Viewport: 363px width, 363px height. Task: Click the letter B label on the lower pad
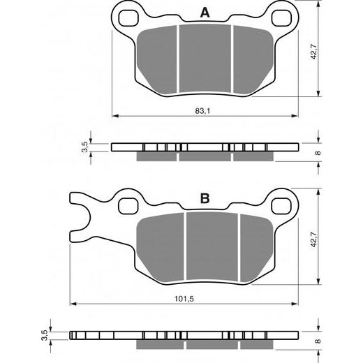tap(205, 199)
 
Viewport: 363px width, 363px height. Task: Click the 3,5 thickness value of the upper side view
tap(85, 146)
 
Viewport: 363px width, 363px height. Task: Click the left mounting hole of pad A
tap(127, 15)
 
